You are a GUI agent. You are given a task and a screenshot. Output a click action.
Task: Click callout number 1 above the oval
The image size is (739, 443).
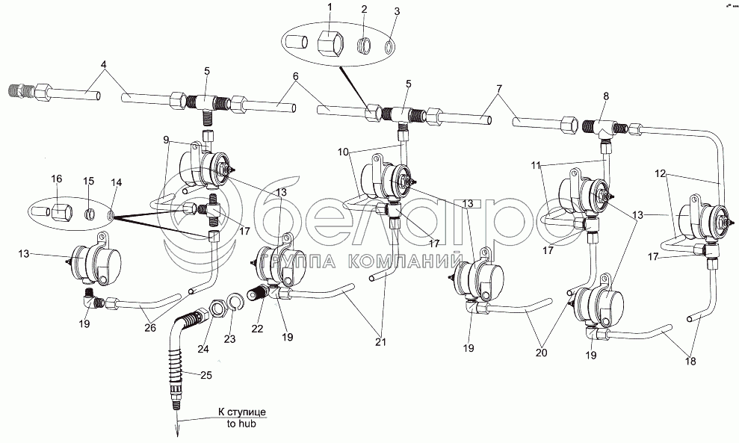tap(330, 7)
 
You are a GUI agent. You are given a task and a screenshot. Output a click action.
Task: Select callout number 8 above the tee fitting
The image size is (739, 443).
tap(606, 96)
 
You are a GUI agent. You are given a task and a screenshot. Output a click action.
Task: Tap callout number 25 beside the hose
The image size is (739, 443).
tap(206, 375)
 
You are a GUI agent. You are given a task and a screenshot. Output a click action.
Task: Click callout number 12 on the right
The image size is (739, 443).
tap(661, 174)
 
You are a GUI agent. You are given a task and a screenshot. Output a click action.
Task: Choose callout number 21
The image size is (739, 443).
tap(381, 342)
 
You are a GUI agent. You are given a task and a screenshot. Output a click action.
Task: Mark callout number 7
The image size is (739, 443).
tap(500, 88)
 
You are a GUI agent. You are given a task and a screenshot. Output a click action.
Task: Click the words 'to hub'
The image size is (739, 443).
tap(241, 424)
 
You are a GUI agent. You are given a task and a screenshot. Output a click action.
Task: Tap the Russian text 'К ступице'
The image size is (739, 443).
tap(242, 412)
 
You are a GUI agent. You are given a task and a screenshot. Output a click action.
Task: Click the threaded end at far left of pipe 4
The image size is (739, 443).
tap(20, 90)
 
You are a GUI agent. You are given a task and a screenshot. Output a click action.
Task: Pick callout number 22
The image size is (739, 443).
tap(257, 329)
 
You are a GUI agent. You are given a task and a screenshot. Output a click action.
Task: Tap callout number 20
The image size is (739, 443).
tap(542, 352)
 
